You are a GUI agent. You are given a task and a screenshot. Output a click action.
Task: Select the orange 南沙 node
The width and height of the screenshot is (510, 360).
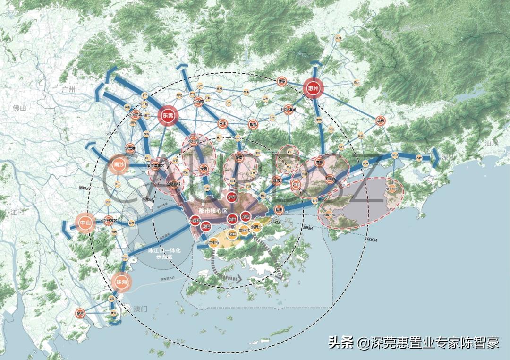pyautogui.click(x=118, y=165)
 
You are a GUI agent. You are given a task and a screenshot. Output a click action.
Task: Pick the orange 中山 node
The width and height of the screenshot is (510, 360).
pyautogui.click(x=85, y=222)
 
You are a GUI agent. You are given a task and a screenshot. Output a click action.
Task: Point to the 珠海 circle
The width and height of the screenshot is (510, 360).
pyautogui.click(x=120, y=282)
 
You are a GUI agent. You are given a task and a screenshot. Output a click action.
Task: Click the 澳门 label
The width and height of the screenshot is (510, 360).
pyautogui.click(x=141, y=309)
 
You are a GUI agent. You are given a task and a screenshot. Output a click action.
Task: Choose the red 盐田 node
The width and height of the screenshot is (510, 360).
pyautogui.click(x=279, y=209)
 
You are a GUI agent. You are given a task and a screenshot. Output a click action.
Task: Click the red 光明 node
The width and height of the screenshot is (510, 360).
pyautogui.click(x=204, y=169)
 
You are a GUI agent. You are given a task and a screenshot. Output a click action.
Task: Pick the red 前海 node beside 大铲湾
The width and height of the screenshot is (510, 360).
pyautogui.click(x=206, y=227)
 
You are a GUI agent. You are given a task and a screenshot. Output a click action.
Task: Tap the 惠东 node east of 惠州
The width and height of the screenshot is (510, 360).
pyautogui.click(x=381, y=120)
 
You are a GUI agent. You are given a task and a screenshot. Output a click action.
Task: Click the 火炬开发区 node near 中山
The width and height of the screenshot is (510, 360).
pyautogui.click(x=109, y=220)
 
